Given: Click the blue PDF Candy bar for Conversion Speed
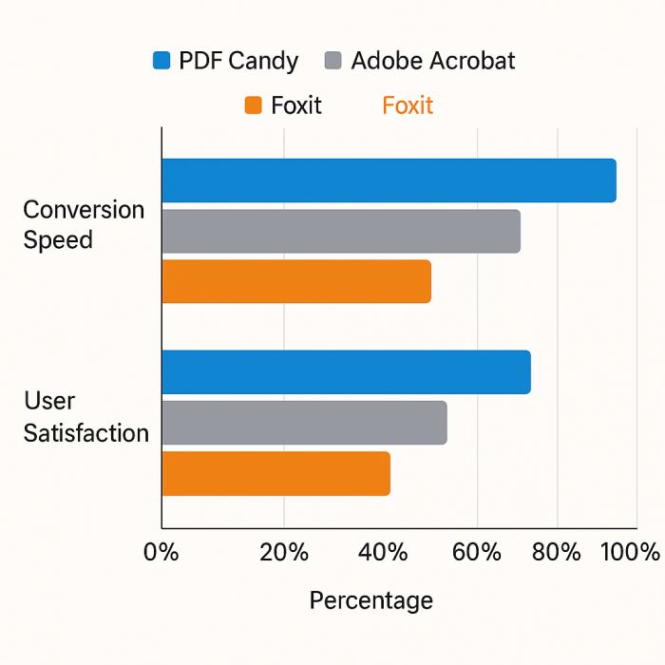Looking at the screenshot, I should point(389,180).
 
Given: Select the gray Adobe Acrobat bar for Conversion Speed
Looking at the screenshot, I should point(341,231).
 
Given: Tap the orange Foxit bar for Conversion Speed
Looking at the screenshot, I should point(296,281).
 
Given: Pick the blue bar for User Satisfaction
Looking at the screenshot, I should point(346,372).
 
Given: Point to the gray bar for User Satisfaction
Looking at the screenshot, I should point(304,423).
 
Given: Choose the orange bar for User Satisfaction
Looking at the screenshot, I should point(275,473).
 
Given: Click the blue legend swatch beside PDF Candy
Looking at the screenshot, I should point(161,62).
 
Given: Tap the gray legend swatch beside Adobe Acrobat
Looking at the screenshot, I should point(332,62).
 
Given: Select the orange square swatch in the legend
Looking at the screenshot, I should point(253,105).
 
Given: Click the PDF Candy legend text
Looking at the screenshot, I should point(238,62).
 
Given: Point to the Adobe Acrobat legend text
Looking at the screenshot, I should point(433,62).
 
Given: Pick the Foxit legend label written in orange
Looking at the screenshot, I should point(408,105).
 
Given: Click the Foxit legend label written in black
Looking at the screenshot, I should point(296,105).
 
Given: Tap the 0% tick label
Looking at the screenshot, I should point(161,552).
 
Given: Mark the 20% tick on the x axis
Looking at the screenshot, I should point(284,552).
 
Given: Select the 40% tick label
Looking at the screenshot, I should point(384,552).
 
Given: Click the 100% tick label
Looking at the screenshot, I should point(628,552).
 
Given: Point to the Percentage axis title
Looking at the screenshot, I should point(370,600).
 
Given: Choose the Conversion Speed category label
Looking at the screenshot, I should point(84,225).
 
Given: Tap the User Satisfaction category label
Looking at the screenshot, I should point(85,417).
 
